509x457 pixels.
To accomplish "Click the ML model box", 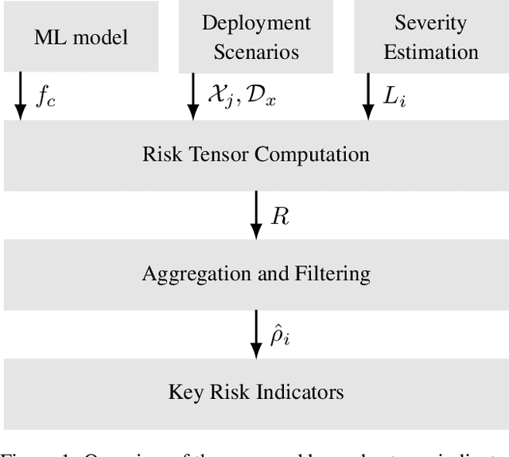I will [80, 37].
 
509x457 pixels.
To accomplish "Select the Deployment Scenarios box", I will [255, 37].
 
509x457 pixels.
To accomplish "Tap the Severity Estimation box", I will [430, 37].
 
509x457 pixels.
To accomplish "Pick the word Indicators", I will [302, 392].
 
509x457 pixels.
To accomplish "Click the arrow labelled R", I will [256, 215].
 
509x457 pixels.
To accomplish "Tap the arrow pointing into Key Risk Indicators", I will [256, 334].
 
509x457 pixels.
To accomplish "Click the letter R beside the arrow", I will [280, 217].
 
